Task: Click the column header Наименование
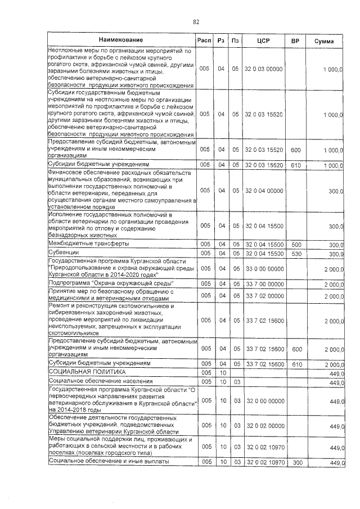121,40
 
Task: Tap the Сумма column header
323,42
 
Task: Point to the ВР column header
295,42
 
